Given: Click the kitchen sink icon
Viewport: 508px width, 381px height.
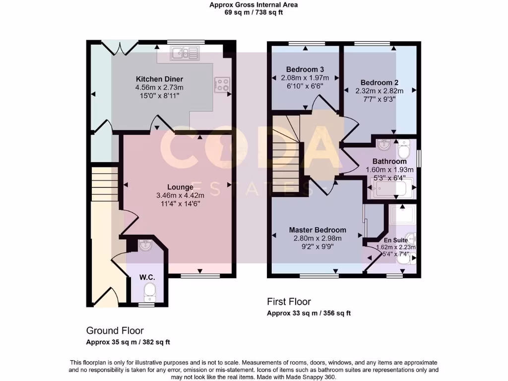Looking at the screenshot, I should coord(185,53).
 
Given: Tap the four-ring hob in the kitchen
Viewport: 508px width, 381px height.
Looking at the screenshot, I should coord(222,85).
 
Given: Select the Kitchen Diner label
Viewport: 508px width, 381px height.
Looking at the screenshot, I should coord(160,79).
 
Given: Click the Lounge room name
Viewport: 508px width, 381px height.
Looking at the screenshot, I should coord(180,188).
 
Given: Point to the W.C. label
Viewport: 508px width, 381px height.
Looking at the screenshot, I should coord(147,277).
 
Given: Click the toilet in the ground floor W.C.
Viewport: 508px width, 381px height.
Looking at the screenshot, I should coord(148,292).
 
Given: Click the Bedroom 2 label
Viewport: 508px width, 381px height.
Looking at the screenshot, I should coord(380,83).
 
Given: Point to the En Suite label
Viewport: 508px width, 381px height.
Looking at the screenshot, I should coord(395,240).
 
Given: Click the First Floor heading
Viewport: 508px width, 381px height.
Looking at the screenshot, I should coord(289,302).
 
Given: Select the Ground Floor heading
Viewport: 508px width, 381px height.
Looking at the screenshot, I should coord(115,330).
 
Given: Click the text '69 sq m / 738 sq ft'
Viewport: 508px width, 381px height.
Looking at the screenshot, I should coord(254,12).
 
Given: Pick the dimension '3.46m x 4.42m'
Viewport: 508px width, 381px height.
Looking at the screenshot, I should coord(180,195).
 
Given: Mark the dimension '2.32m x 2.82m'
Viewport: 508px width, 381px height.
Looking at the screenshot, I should coord(380,91).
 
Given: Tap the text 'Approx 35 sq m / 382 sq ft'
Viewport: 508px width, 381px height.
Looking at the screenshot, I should coord(128,342).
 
